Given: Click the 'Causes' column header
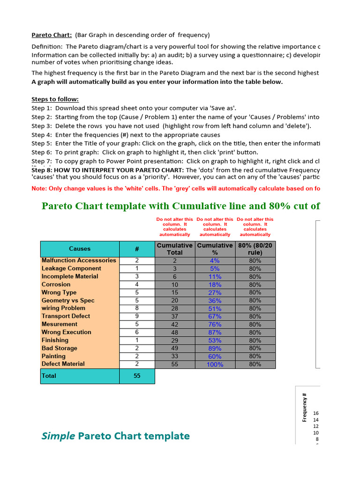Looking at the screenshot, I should coord(80,249).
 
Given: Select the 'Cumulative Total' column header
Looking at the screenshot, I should coord(174,249).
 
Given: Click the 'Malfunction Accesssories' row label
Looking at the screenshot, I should coord(79,261).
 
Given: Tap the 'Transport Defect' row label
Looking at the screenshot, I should coord(66,316).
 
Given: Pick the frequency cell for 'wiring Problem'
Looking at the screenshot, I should coord(137,308).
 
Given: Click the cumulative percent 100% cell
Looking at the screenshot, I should coord(215,364).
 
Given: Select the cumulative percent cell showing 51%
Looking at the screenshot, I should coord(215,308).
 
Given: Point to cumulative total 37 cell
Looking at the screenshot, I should coord(174,316).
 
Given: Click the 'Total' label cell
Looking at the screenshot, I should coord(49,376).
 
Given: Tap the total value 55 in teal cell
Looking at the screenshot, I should coord(137,376).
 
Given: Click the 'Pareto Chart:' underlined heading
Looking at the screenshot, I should coord(52,35).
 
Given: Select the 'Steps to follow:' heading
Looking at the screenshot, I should coord(55,99).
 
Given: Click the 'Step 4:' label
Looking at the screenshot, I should coord(42,135).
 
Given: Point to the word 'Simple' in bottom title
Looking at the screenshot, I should coord(58,436).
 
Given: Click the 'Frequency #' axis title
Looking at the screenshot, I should coord(305,407).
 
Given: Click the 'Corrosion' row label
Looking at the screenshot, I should coord(56,285).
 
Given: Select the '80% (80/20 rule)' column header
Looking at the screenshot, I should coord(255,249).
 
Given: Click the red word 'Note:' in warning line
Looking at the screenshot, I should coord(39,188).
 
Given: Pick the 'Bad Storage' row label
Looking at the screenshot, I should coord(60,348).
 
